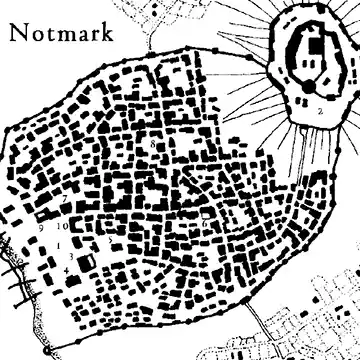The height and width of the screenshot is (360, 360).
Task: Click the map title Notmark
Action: tap(61, 33)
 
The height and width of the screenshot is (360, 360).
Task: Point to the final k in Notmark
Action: tap(105, 33)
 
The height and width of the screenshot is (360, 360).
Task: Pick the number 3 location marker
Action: tap(71, 256)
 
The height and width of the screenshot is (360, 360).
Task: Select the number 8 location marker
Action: tap(153, 144)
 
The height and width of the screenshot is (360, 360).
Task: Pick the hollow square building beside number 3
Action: tap(87, 260)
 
